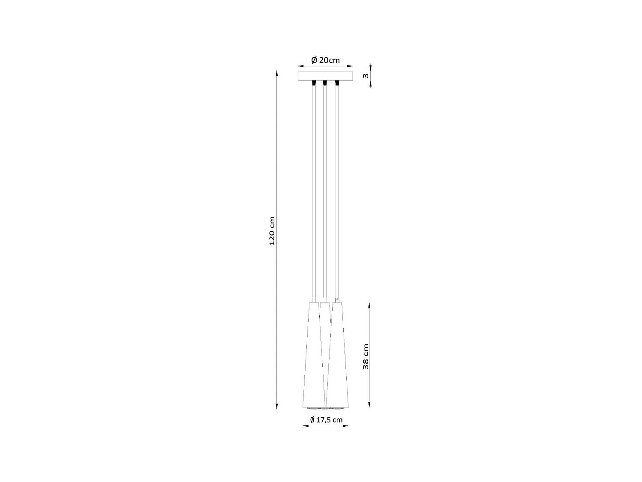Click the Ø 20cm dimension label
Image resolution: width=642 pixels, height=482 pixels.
tap(325, 60)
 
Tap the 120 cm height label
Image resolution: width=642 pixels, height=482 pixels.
tap(272, 231)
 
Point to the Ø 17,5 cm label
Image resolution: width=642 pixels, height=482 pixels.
tap(326, 420)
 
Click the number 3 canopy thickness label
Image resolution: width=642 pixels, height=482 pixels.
tap(365, 75)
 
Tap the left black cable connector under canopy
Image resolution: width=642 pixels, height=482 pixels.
tap(315, 82)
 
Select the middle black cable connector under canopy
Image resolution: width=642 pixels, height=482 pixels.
tap(325, 82)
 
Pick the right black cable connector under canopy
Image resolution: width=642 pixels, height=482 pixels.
tap(337, 82)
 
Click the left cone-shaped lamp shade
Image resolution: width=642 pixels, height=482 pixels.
tap(312, 356)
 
